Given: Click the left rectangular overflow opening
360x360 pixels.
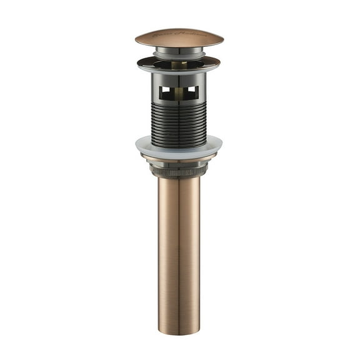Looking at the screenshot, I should coord(166,93).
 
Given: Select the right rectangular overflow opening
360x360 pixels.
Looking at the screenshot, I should coord(192,93).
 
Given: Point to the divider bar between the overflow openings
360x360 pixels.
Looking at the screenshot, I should coord(179,93).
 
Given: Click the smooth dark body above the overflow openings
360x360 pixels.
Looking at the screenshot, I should coord(179,78).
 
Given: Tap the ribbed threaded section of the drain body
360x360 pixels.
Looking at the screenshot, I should coord(179,122).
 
